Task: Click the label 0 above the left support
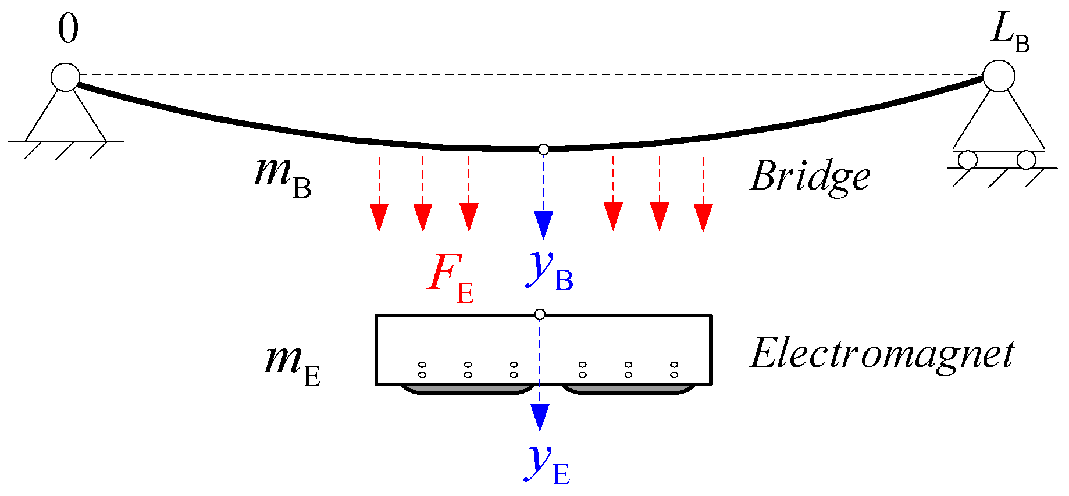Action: (67, 30)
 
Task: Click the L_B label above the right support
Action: (1009, 32)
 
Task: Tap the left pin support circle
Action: (65, 77)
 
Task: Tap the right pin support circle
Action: (999, 76)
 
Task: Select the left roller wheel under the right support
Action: (968, 160)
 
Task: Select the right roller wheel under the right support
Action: (1026, 160)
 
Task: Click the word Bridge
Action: (810, 176)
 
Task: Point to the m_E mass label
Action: (293, 363)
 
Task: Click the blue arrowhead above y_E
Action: (540, 416)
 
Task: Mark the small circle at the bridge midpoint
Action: (543, 149)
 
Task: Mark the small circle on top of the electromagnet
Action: (540, 315)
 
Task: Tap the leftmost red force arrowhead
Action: (379, 217)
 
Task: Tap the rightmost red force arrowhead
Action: (703, 217)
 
